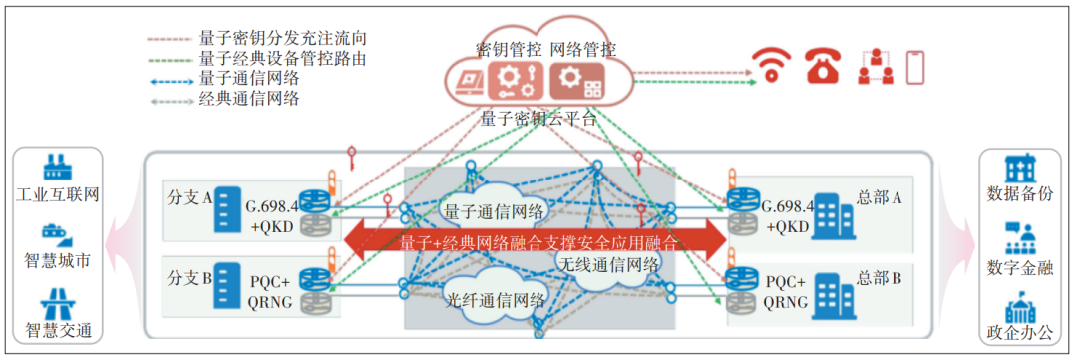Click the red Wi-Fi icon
click(x=770, y=66)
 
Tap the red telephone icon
click(x=822, y=66)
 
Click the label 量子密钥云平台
click(x=538, y=118)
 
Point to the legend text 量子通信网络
click(x=248, y=78)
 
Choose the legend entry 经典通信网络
click(x=248, y=98)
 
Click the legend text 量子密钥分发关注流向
click(x=283, y=38)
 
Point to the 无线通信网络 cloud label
click(x=607, y=265)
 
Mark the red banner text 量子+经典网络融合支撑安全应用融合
click(x=538, y=241)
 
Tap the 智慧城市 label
click(x=57, y=262)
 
